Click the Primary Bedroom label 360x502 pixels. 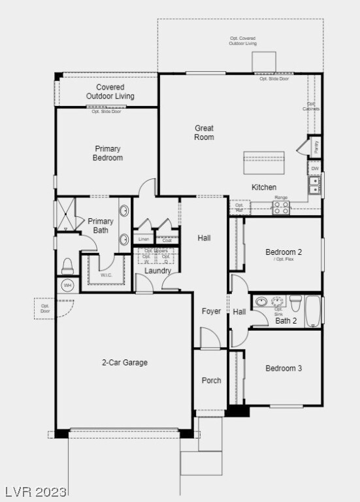click(x=108, y=153)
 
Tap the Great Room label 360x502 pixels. click(x=204, y=133)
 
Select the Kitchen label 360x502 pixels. click(x=264, y=188)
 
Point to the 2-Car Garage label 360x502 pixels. click(x=124, y=362)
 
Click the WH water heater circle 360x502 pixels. click(x=67, y=285)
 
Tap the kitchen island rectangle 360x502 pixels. click(x=264, y=161)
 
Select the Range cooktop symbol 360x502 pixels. click(x=281, y=208)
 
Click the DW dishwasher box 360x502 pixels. click(x=315, y=169)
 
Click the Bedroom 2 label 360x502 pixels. click(x=284, y=252)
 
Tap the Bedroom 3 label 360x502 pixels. click(x=284, y=368)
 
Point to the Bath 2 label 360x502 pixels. click(x=286, y=320)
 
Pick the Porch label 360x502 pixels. click(x=211, y=380)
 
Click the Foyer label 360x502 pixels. click(x=211, y=311)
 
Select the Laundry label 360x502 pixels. click(x=157, y=271)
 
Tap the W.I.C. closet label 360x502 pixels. click(x=106, y=275)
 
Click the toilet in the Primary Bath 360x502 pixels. click(x=67, y=265)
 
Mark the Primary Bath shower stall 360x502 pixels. click(x=65, y=213)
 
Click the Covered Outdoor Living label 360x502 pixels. click(x=110, y=92)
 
